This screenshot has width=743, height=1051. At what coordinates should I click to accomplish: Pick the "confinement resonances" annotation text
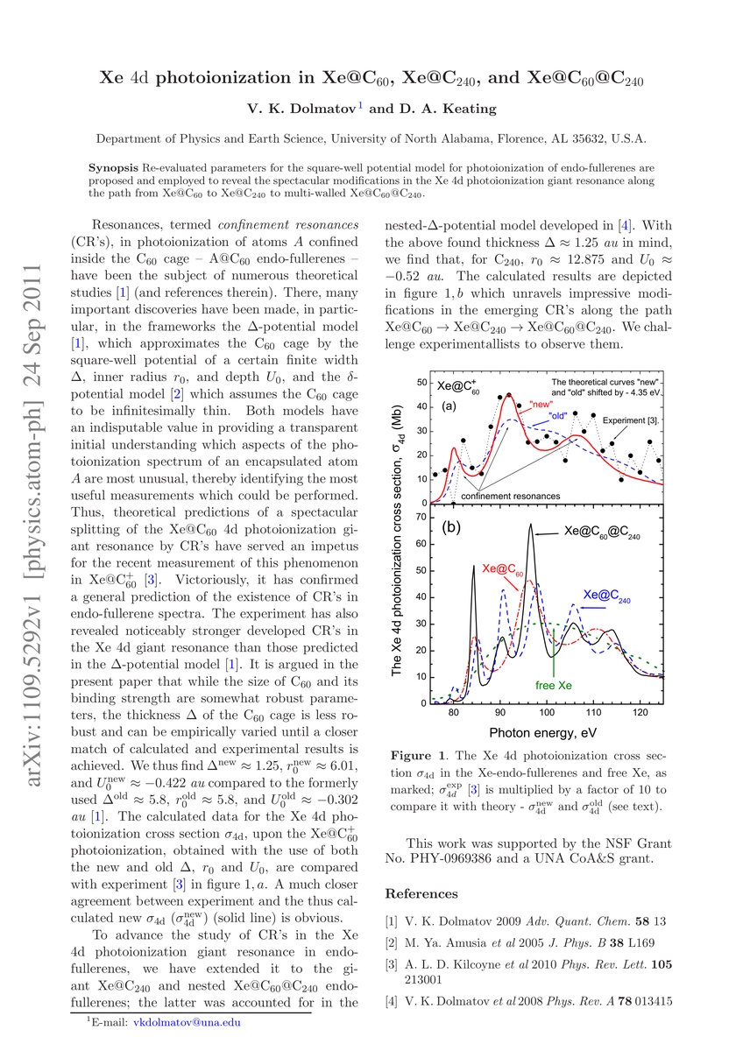(510, 497)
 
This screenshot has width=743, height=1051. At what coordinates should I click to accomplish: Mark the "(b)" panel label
(452, 528)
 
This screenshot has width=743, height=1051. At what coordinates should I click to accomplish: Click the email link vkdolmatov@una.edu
(188, 1021)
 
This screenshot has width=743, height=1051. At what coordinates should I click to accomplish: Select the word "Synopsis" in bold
(114, 166)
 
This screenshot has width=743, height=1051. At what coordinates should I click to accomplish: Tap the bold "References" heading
(422, 894)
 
